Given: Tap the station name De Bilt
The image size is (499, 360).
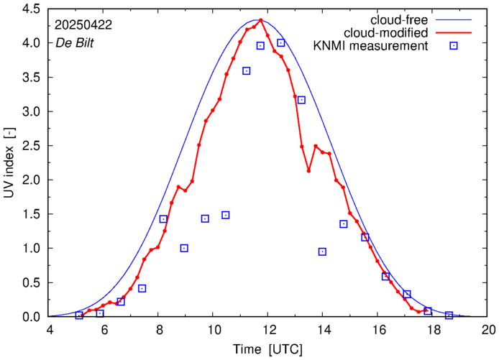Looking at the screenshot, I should (x=74, y=42).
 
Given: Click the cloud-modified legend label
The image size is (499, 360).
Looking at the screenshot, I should (x=387, y=33).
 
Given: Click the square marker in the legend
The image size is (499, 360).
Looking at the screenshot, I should (x=454, y=47).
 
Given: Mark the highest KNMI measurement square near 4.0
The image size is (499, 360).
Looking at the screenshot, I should (x=281, y=43).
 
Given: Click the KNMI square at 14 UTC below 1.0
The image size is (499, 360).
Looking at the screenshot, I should (x=322, y=251).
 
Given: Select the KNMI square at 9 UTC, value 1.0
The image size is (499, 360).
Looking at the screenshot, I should (x=184, y=248).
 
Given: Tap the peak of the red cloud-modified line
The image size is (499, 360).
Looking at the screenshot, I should (x=261, y=20).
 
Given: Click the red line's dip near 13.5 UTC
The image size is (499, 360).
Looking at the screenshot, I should (x=308, y=171).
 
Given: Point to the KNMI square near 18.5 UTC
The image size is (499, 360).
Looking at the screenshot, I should (x=449, y=315).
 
